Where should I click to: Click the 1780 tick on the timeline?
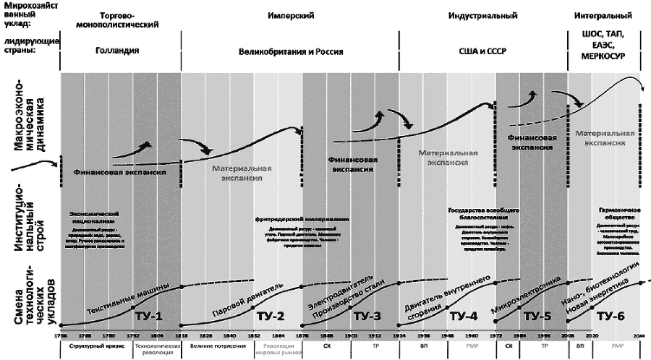(x=110, y=336)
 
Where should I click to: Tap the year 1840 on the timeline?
(x=230, y=336)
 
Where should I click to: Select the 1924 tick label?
(x=399, y=336)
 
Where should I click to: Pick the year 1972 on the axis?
(x=495, y=336)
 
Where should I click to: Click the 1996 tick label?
(x=543, y=336)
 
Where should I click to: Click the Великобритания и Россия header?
(x=289, y=51)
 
